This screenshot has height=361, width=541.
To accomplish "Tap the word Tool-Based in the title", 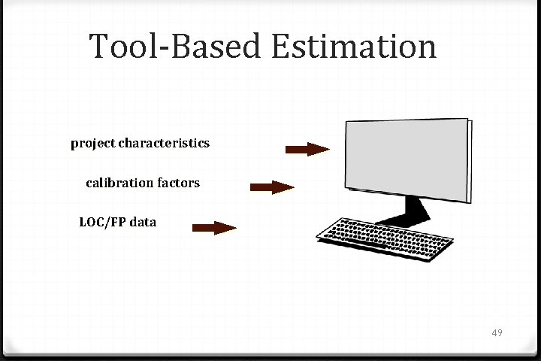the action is coord(176,46).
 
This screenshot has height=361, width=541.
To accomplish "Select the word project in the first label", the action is coord(93,143).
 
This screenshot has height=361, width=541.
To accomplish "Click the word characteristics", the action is coord(164,142).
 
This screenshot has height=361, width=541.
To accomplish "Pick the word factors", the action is coord(180,182).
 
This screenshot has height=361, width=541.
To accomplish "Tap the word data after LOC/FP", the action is coord(143,222).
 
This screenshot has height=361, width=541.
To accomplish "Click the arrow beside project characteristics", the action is coord(307,149).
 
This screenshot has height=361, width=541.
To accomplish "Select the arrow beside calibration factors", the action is coord(271,187).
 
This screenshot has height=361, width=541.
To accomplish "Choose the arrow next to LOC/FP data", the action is coord(214,228).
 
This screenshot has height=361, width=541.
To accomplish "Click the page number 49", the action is coord(497,332).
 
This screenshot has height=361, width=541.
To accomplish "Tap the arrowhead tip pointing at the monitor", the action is coord(328,149).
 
